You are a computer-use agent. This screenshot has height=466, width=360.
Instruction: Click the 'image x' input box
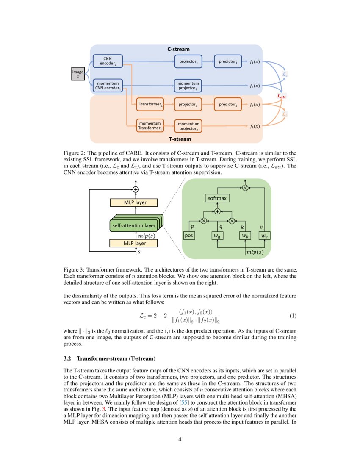[78, 74]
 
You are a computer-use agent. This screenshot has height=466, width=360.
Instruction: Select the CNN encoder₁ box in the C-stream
[107, 61]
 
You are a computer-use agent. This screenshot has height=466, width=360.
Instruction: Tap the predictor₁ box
[228, 61]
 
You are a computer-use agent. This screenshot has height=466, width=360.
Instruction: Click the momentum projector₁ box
[188, 86]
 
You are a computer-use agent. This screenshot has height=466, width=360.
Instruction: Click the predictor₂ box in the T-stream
[228, 104]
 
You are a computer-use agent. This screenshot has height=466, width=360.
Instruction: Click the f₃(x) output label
[255, 104]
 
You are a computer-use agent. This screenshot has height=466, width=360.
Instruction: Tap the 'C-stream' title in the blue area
[178, 50]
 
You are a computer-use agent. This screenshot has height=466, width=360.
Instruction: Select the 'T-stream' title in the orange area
[180, 139]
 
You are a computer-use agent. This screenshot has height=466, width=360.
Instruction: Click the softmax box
[217, 198]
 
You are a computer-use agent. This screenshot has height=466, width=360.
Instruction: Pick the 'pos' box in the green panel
[189, 236]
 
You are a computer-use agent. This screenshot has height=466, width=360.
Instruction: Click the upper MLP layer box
[134, 202]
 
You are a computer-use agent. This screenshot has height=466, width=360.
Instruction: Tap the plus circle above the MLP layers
[136, 189]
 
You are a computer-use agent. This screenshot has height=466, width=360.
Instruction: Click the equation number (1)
[293, 316]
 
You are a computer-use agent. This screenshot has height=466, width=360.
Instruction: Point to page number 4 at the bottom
[180, 439]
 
